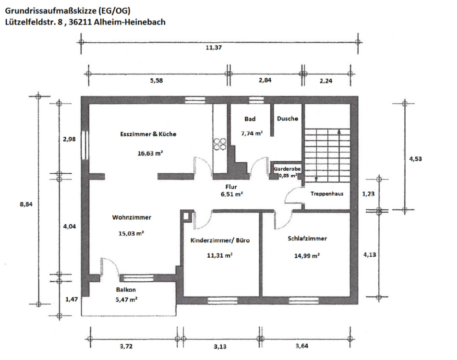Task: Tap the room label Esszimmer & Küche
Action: [x=148, y=134]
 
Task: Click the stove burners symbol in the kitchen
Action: [x=220, y=144]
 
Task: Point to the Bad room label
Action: [x=250, y=119]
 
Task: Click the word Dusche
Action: [x=288, y=119]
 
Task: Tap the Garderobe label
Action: [x=287, y=169]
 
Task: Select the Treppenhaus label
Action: [x=327, y=194]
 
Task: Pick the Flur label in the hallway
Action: [x=232, y=187]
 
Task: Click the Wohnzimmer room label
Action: [x=132, y=217]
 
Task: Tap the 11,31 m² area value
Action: [x=220, y=255]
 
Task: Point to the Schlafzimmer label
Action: [x=307, y=239]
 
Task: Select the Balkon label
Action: [x=126, y=290]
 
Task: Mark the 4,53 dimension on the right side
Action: [x=415, y=158]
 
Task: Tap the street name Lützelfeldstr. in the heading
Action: [x=32, y=22]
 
